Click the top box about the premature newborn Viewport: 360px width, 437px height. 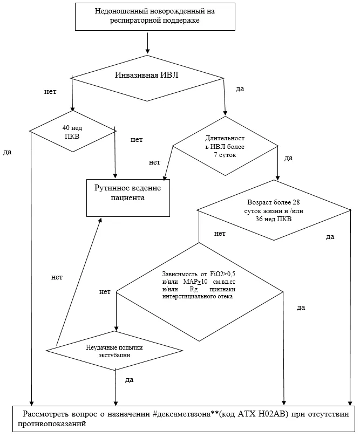(155, 16)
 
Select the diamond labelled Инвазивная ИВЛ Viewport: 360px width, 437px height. (147, 78)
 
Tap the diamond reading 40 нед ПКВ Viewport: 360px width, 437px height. (72, 131)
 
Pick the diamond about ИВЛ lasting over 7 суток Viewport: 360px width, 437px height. (225, 146)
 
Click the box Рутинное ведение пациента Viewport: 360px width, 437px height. (128, 198)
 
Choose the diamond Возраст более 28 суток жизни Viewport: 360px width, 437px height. (274, 210)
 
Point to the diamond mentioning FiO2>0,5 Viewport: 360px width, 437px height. (199, 292)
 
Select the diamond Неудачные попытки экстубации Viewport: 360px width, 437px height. (114, 351)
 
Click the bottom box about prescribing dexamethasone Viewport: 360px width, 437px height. (184, 419)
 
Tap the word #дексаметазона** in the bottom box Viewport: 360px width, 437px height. (185, 414)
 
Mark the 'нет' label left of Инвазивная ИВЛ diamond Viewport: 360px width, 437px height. (50, 91)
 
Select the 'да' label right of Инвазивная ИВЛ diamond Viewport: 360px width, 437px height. (240, 89)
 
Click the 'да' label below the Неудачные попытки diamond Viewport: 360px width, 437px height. (129, 380)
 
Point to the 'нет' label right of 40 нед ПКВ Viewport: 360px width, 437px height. (137, 139)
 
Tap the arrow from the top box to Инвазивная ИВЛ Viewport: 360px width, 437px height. (147, 43)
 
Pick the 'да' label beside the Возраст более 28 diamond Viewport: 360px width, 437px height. (330, 237)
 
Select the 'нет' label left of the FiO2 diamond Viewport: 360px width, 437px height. (105, 292)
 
